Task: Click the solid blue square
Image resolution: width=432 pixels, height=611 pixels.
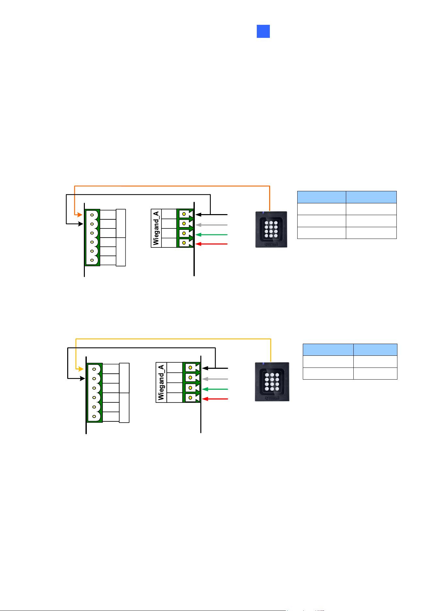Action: [x=263, y=31]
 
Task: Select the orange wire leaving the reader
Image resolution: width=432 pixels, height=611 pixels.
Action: [x=172, y=186]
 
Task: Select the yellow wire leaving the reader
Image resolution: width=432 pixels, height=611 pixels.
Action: [x=173, y=339]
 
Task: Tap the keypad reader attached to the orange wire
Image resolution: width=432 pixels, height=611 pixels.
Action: [x=271, y=229]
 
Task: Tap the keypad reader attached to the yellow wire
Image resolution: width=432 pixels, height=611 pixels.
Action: [x=272, y=382]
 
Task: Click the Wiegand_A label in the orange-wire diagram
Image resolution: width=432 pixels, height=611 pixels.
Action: [x=156, y=228]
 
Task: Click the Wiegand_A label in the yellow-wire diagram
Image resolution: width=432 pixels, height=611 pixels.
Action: [x=161, y=383]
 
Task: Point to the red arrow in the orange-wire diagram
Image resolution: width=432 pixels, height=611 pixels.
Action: [x=211, y=244]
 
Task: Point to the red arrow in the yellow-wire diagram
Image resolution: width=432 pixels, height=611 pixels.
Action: [x=215, y=399]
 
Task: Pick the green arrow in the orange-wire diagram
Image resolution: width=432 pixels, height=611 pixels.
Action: [x=211, y=235]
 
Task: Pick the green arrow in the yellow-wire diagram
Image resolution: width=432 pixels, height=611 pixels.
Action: [x=215, y=389]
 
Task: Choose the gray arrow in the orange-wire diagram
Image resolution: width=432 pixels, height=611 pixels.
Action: [x=211, y=225]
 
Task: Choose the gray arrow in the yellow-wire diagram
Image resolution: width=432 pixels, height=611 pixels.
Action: [x=215, y=379]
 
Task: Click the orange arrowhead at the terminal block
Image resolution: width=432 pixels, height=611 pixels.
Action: [x=80, y=215]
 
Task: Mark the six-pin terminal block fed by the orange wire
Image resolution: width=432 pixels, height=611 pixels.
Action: [x=92, y=238]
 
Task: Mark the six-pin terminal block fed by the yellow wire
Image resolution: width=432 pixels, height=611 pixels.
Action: [x=94, y=393]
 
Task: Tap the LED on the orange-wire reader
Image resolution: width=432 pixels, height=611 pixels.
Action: [x=263, y=213]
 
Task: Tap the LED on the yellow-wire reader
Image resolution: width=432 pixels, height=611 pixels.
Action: [x=263, y=364]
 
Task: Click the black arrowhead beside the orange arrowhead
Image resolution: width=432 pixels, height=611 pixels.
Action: [x=80, y=224]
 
